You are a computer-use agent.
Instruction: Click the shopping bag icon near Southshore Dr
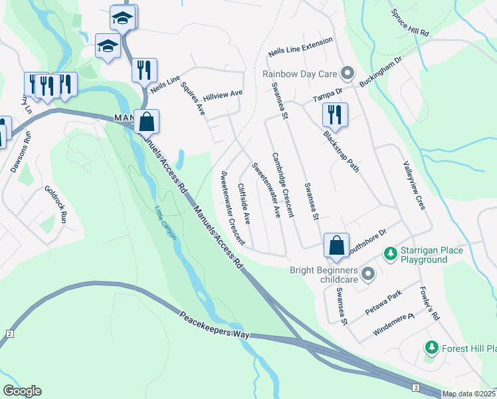click(337, 245)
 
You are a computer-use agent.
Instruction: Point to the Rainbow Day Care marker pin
click(347, 73)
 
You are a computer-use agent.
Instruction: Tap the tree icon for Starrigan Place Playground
click(391, 255)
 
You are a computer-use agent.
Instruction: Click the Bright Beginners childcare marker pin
click(367, 274)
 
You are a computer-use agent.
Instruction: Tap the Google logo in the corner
click(22, 391)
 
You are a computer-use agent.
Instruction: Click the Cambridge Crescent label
click(282, 185)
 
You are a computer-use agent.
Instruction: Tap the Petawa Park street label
click(384, 303)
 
